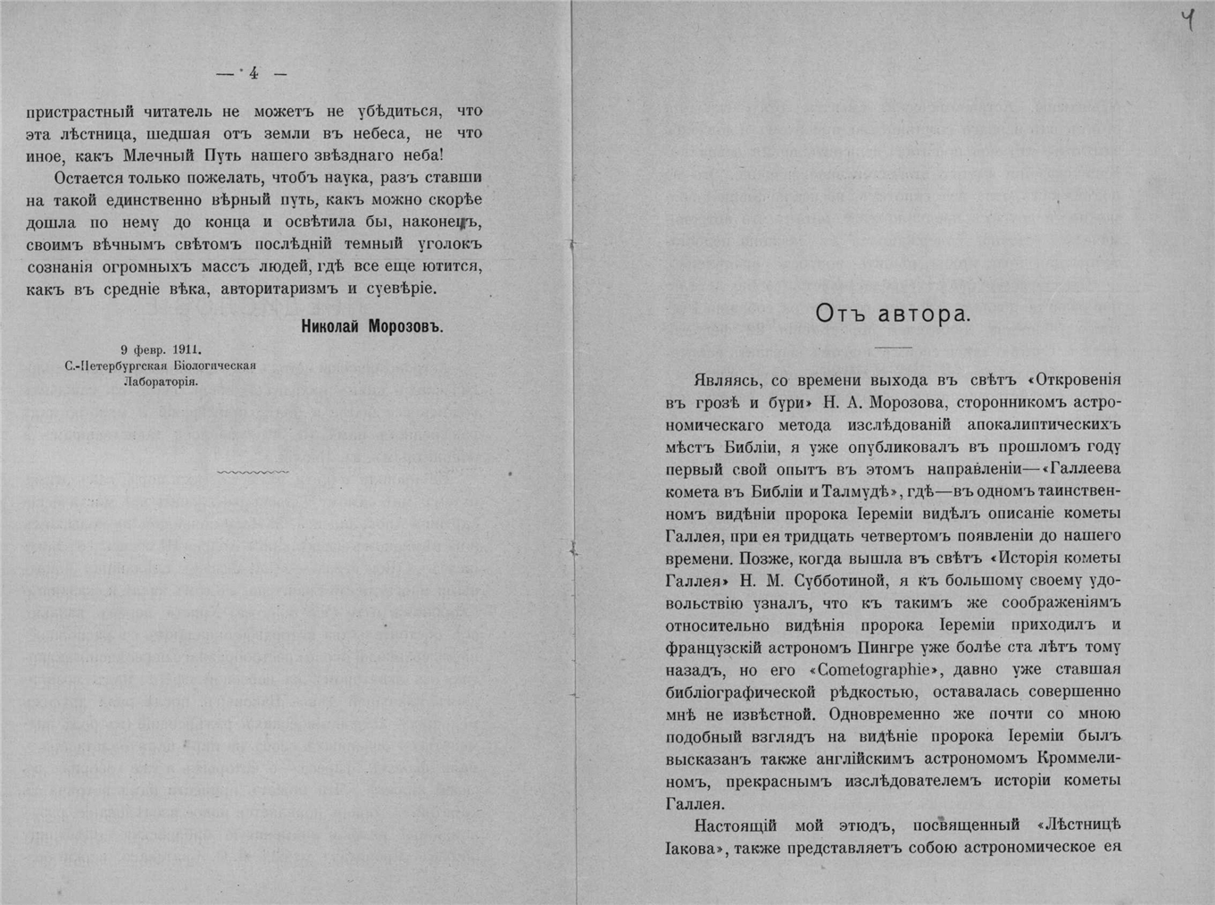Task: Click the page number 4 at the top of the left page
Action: pos(254,74)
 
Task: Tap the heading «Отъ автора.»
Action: pos(893,314)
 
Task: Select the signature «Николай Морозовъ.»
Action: pos(372,327)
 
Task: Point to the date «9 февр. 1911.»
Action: pos(161,350)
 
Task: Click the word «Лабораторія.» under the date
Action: pos(161,380)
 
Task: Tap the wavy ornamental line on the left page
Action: pos(253,471)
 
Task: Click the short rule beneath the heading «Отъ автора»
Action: pos(893,347)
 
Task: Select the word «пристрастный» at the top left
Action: pos(80,112)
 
